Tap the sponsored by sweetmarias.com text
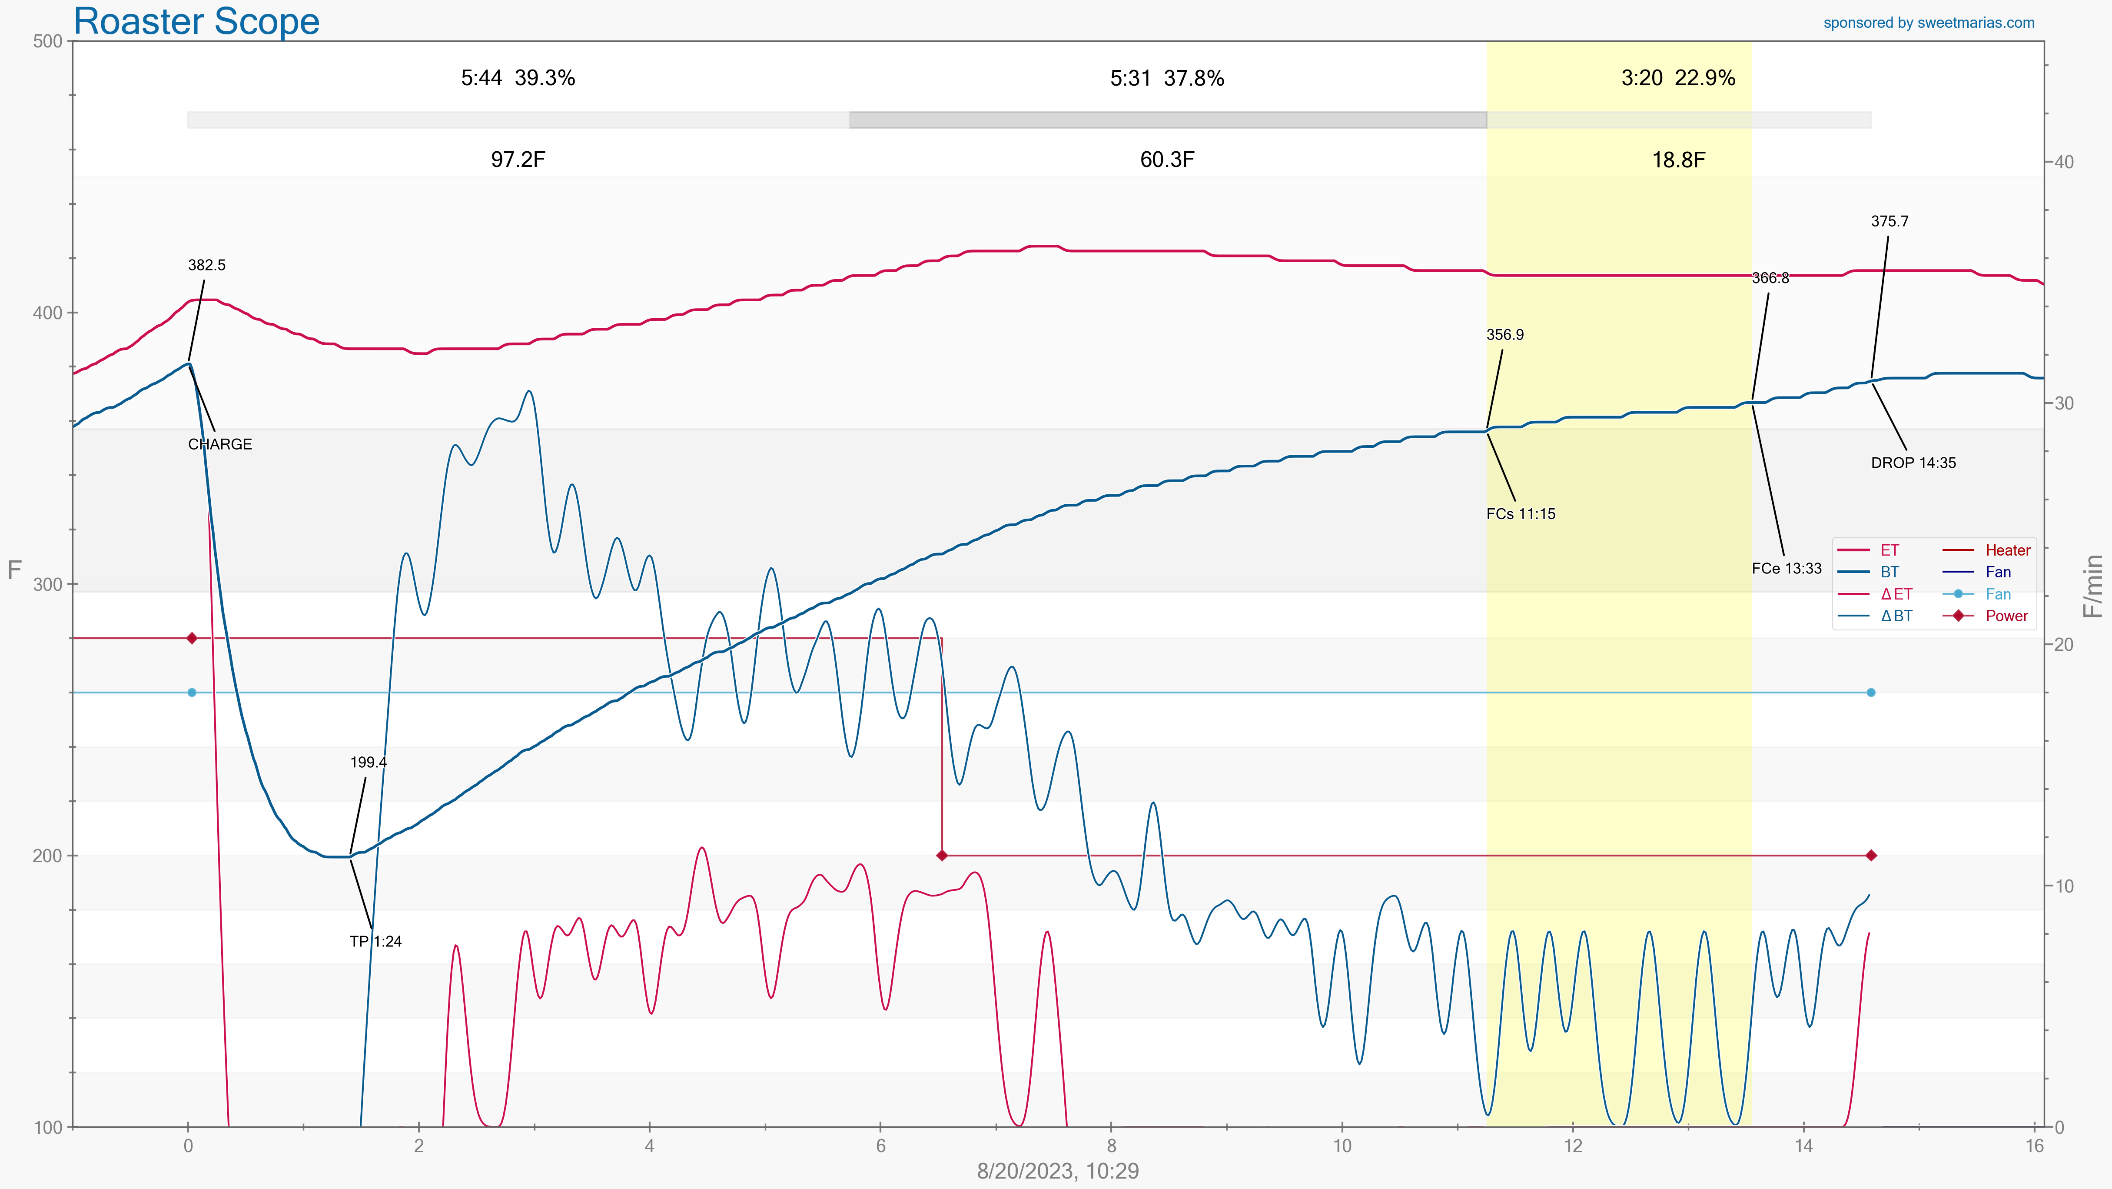(1928, 23)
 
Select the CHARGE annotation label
(220, 444)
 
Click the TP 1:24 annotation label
(375, 941)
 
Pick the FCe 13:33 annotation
(1787, 568)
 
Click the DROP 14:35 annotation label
(1913, 463)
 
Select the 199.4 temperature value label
(368, 763)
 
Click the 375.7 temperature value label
(1889, 221)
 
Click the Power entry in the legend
(2006, 616)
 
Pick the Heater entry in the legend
(2007, 550)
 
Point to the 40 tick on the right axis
(2063, 162)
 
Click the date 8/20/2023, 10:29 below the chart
(1058, 1171)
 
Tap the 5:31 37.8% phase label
(1167, 79)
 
